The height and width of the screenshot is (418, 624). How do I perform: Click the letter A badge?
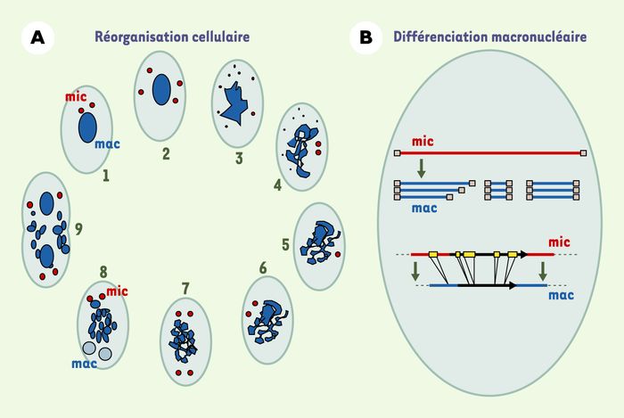click(x=37, y=37)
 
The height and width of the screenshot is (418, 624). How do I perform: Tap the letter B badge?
click(x=365, y=37)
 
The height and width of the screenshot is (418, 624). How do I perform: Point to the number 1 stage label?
click(x=105, y=176)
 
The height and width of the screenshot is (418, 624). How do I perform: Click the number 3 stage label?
click(x=239, y=159)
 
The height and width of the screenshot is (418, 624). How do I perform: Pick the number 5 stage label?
click(x=285, y=244)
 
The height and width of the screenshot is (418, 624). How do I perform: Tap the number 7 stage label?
click(x=185, y=289)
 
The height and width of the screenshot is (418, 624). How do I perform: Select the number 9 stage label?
click(x=78, y=229)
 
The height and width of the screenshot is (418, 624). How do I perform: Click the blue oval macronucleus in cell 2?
click(x=161, y=90)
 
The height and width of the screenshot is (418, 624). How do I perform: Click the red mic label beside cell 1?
click(x=76, y=96)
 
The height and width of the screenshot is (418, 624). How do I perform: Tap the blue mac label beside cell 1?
click(x=108, y=144)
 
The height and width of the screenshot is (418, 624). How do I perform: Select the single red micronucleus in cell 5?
click(x=338, y=254)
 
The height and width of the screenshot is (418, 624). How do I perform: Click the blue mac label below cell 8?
click(x=85, y=364)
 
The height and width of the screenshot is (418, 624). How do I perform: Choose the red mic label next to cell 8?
click(x=117, y=291)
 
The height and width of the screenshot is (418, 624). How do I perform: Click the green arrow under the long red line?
click(x=421, y=168)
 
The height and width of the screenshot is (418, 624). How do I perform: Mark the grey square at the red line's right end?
click(x=583, y=153)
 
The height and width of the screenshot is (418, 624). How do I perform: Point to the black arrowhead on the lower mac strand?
click(x=513, y=285)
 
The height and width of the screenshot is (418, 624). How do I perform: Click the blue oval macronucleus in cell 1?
click(x=87, y=127)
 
